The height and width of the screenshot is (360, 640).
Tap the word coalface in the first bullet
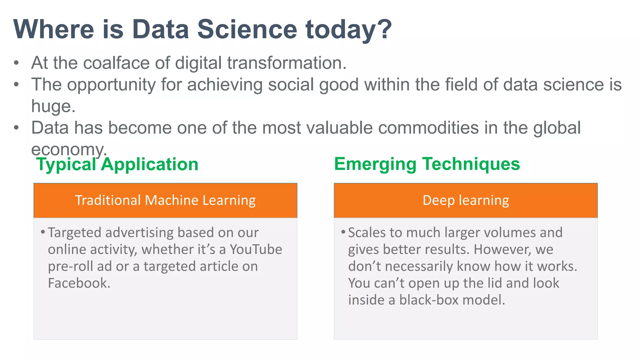[116, 63]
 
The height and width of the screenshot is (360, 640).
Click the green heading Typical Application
[117, 164]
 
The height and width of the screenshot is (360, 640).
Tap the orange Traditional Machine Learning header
[165, 200]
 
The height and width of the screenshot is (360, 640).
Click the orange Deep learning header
[466, 200]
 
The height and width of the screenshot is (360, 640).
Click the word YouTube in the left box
[256, 249]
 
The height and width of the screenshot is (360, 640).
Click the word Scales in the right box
[366, 233]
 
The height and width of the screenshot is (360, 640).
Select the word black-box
[428, 300]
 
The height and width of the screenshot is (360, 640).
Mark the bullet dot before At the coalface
[17, 63]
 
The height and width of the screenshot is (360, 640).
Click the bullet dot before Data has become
[17, 128]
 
